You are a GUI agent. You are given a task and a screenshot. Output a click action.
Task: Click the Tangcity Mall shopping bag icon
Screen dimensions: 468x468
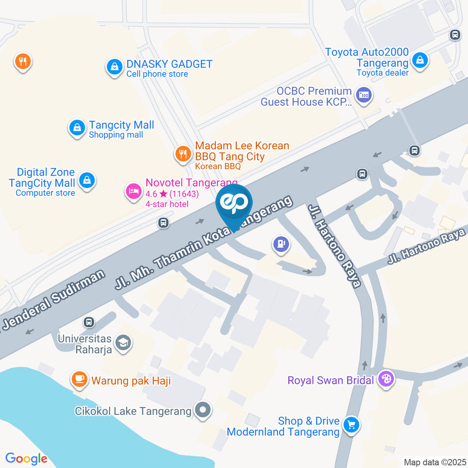point(77,129)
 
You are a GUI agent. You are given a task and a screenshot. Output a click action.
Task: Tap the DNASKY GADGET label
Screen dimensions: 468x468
point(169,64)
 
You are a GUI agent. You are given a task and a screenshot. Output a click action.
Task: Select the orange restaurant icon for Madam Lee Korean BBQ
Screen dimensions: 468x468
point(183,155)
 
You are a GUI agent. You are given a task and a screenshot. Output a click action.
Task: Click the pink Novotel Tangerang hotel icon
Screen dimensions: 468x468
point(133,191)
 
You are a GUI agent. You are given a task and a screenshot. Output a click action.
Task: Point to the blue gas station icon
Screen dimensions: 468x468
point(281,244)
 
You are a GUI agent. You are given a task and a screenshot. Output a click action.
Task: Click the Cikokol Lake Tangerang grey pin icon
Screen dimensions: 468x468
point(202,410)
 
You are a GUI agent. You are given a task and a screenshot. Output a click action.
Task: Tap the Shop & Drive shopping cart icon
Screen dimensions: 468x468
point(351,425)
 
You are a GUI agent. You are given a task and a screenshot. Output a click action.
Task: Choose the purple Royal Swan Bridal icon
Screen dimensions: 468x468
point(386,379)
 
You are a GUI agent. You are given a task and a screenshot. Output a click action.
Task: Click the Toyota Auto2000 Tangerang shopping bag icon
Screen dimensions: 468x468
point(419,61)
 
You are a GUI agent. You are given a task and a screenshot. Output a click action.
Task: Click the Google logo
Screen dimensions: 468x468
point(26,458)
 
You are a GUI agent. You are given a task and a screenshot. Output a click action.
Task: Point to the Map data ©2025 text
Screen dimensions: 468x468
point(435,462)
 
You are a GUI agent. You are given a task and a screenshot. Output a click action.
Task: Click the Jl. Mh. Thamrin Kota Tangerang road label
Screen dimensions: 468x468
point(205,242)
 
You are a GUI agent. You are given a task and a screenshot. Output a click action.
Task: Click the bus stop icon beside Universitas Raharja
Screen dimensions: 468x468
point(89,322)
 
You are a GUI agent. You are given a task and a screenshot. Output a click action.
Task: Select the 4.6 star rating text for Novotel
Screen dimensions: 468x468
point(167,194)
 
